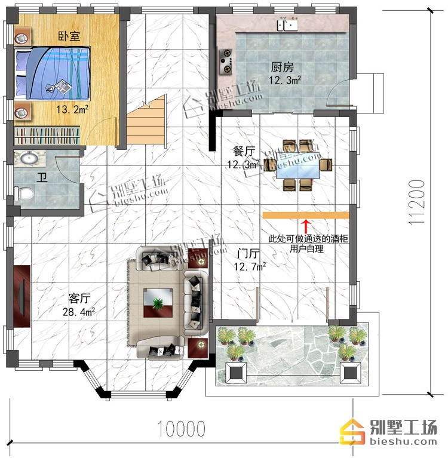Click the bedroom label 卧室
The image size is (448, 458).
(69, 36)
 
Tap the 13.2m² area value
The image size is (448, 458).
(72, 109)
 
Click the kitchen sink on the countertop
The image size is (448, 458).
(287, 24)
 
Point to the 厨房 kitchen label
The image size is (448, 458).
(282, 67)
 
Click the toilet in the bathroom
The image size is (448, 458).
(24, 193)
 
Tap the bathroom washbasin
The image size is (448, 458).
(29, 158)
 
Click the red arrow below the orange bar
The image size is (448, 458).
(306, 227)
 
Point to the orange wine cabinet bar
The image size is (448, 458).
(306, 216)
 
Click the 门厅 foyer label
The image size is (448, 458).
(248, 254)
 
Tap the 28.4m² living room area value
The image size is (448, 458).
(79, 312)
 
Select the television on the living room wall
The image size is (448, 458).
(22, 296)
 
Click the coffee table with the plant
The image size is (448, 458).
(158, 303)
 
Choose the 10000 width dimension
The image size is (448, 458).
(182, 429)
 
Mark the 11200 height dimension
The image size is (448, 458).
(416, 202)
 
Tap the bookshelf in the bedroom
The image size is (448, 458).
(47, 136)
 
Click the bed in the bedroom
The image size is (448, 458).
(53, 73)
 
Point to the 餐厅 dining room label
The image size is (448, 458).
(244, 151)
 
